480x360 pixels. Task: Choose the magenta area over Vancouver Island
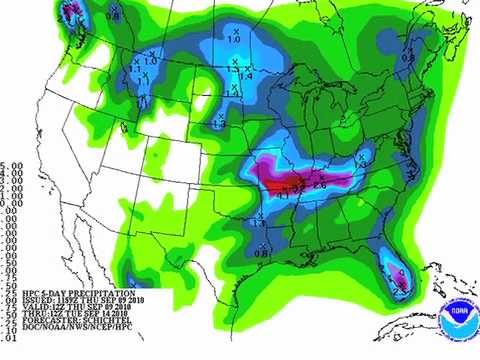71,11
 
